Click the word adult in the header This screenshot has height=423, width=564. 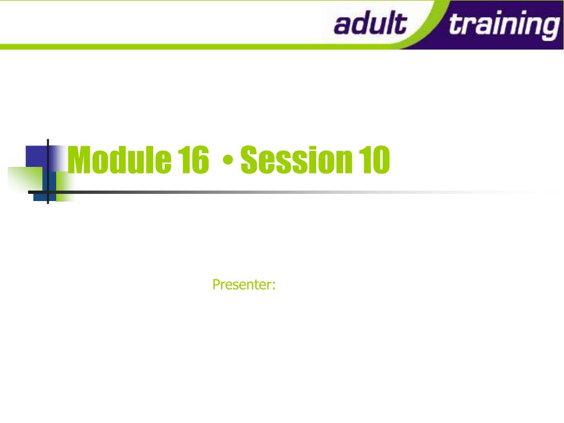click(x=370, y=23)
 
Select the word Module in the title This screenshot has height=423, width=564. click(x=120, y=160)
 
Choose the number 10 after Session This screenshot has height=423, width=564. click(x=374, y=160)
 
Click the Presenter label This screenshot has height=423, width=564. click(x=244, y=285)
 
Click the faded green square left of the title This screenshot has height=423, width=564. click(x=25, y=180)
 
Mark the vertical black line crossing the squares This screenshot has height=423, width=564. click(x=48, y=171)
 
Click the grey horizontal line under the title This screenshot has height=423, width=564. click(x=288, y=192)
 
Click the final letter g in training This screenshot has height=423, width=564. click(x=550, y=28)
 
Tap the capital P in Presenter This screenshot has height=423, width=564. click(x=216, y=284)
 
